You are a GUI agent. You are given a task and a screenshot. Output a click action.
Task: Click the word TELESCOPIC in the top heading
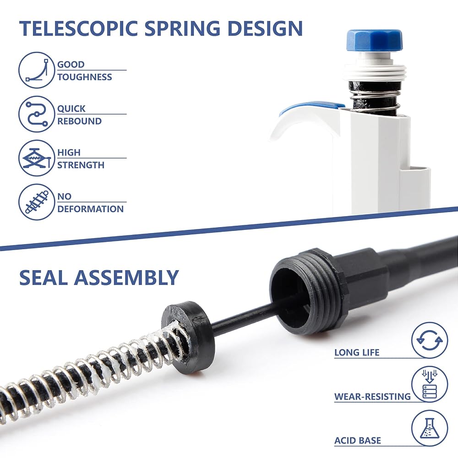point(79,28)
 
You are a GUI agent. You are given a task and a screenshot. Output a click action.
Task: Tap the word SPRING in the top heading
point(183,28)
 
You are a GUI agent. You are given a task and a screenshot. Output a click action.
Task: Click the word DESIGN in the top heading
point(265,28)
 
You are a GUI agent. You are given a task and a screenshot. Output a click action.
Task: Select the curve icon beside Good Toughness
point(37,70)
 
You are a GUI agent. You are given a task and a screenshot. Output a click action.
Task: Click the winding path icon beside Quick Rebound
point(37,114)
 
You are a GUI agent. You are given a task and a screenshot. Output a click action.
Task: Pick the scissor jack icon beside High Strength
point(37,158)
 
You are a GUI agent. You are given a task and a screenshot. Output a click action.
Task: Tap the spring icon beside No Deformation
point(37,202)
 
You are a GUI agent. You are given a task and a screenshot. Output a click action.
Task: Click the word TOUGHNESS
point(85,77)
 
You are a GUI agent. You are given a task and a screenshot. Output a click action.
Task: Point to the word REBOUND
point(79,121)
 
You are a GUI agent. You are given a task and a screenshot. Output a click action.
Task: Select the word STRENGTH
point(81,165)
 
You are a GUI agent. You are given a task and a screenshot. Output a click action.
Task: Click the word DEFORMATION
point(91,209)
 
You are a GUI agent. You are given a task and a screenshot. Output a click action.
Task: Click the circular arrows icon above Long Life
point(430,340)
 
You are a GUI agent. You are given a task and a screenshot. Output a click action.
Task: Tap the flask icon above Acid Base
point(430,428)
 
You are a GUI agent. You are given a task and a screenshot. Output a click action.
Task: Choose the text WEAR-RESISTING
point(372,396)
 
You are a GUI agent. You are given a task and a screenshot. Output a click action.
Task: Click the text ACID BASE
point(358,441)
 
